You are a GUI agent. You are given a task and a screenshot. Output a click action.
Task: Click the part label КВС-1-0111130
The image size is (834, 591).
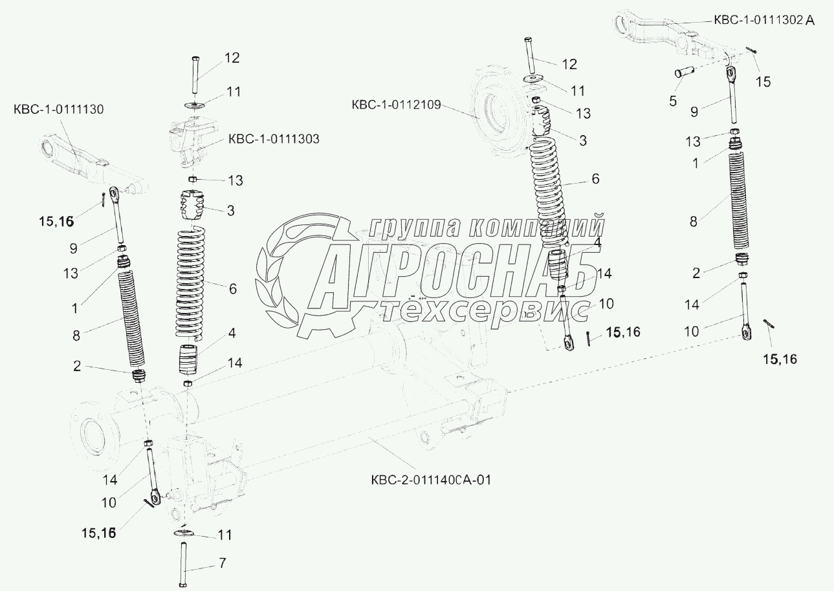tap(58, 110)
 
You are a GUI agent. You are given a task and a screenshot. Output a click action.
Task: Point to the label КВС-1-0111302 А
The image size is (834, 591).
tap(764, 21)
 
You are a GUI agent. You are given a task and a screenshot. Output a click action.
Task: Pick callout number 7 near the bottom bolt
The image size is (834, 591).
tap(222, 563)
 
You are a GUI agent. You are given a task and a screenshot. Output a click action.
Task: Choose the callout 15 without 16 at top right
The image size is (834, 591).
tap(763, 82)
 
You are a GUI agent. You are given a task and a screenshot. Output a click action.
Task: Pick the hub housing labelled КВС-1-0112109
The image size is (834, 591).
tap(495, 108)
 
